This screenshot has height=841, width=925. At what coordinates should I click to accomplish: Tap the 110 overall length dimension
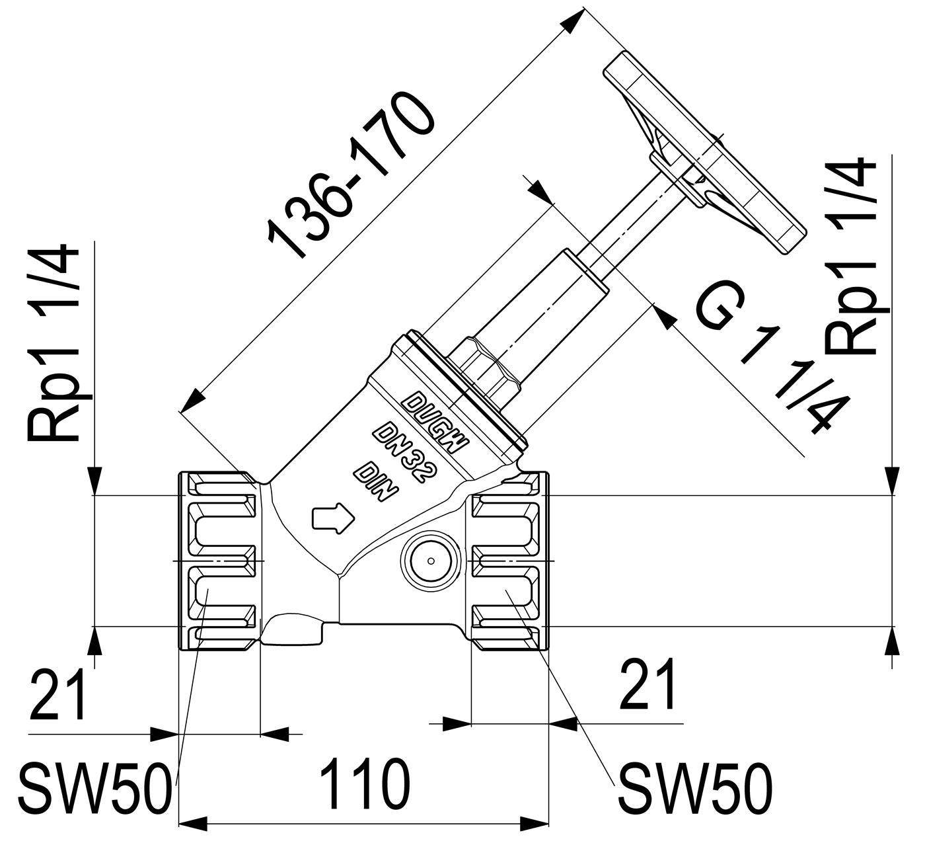pyautogui.click(x=365, y=783)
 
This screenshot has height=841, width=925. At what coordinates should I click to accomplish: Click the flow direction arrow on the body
pyautogui.click(x=333, y=518)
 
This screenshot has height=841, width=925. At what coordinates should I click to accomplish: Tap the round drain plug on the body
pyautogui.click(x=431, y=561)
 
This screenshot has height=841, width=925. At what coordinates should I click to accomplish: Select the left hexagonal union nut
pyautogui.click(x=217, y=561)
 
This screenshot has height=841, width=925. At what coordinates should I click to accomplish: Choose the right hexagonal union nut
pyautogui.click(x=510, y=561)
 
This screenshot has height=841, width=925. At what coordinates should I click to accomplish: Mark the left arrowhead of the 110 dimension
pyautogui.click(x=193, y=824)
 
